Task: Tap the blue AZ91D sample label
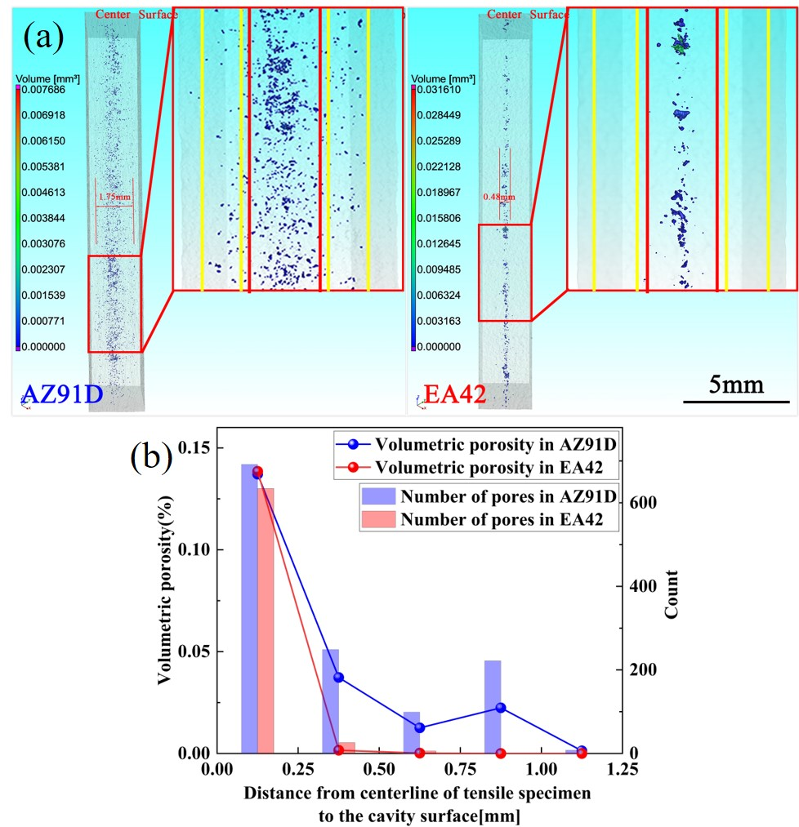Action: tap(60, 394)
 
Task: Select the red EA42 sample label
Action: tap(455, 395)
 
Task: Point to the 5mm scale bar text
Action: tap(735, 384)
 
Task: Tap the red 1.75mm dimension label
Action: tap(112, 197)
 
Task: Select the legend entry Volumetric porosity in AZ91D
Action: tap(495, 445)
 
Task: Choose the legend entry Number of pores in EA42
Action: tap(502, 519)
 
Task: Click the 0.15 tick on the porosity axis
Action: tap(191, 448)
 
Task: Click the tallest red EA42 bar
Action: tap(266, 620)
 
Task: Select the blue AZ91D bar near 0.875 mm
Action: tap(492, 706)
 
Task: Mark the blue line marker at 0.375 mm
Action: tap(338, 678)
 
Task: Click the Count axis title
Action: tap(671, 594)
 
